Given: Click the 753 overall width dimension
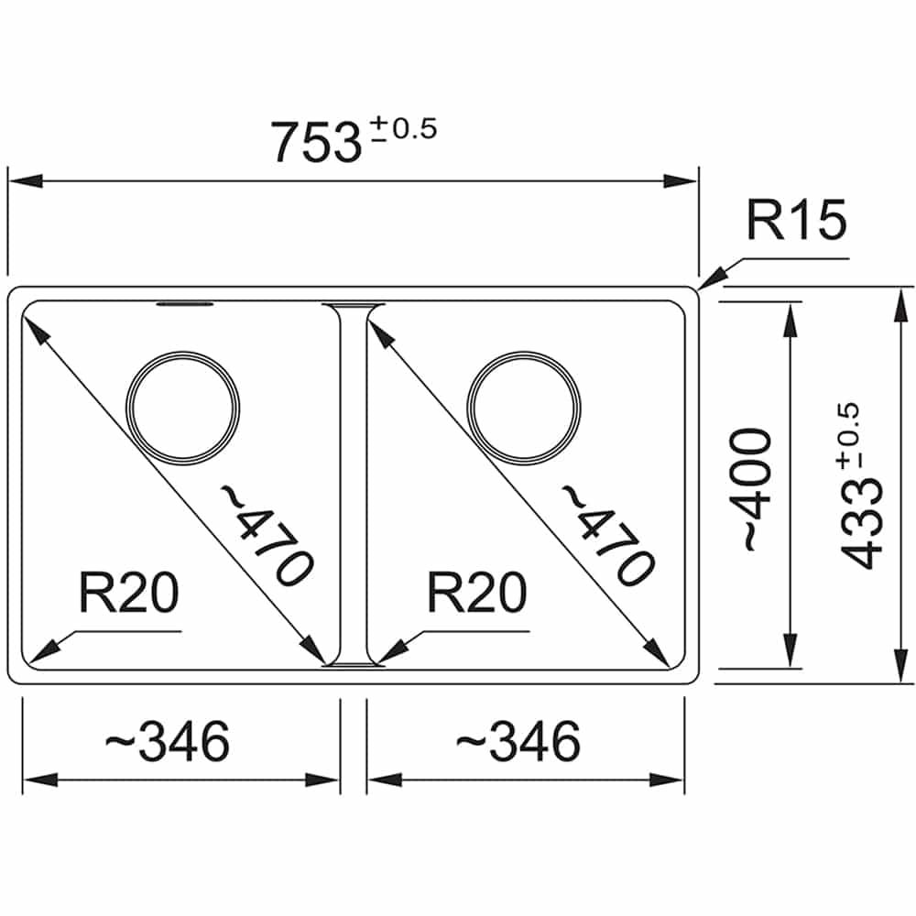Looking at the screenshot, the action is (x=316, y=142).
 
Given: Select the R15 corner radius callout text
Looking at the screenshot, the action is (x=796, y=220).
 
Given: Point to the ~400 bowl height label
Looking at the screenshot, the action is (x=758, y=489).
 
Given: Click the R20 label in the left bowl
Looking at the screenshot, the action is (x=128, y=593).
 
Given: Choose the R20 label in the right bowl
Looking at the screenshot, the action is (x=476, y=593).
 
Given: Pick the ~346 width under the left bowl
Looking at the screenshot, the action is (x=167, y=741).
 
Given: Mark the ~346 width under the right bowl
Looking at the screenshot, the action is (x=518, y=741).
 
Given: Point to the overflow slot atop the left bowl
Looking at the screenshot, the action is (x=185, y=304).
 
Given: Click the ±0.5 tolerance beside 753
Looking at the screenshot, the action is (x=404, y=128).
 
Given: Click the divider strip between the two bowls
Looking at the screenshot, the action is (x=354, y=485).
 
